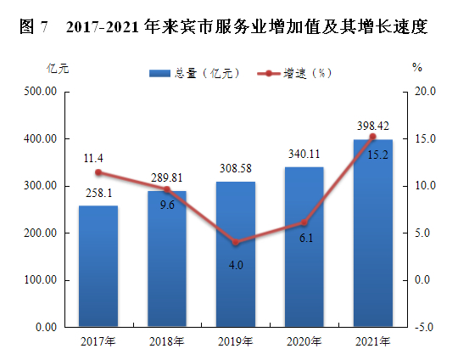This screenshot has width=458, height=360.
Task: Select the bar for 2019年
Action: click(236, 254)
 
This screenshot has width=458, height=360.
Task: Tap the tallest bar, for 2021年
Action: click(372, 233)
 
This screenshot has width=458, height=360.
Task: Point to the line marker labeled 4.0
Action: click(236, 243)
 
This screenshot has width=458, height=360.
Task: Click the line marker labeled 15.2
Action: click(372, 137)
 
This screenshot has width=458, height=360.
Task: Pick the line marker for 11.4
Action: click(98, 172)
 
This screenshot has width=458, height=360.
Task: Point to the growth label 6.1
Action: click(305, 238)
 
